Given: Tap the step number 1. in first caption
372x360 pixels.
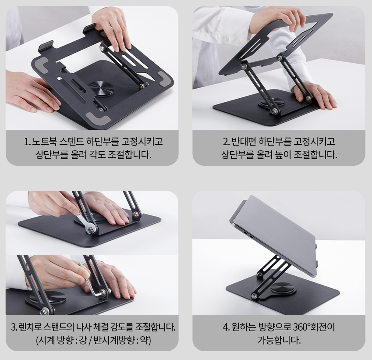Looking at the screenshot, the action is pos(28,142).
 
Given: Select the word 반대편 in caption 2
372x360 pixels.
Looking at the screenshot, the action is pos(244,142).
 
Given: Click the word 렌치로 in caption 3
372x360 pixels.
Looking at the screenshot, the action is pos(30,328).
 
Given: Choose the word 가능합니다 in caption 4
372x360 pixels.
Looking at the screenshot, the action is pos(279,341).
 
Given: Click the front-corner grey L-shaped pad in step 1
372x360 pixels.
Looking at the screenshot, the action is pos(98,118).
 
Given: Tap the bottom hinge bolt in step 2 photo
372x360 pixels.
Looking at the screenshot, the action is pos(275,110).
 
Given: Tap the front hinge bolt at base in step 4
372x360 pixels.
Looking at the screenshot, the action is pos(254,296).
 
